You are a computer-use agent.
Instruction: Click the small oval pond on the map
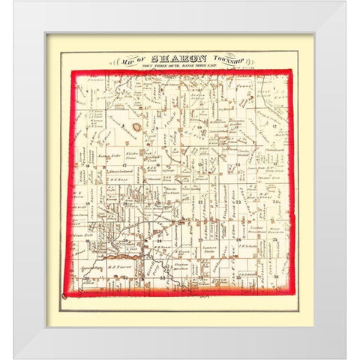137,127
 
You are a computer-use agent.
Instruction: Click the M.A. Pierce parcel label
117,271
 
